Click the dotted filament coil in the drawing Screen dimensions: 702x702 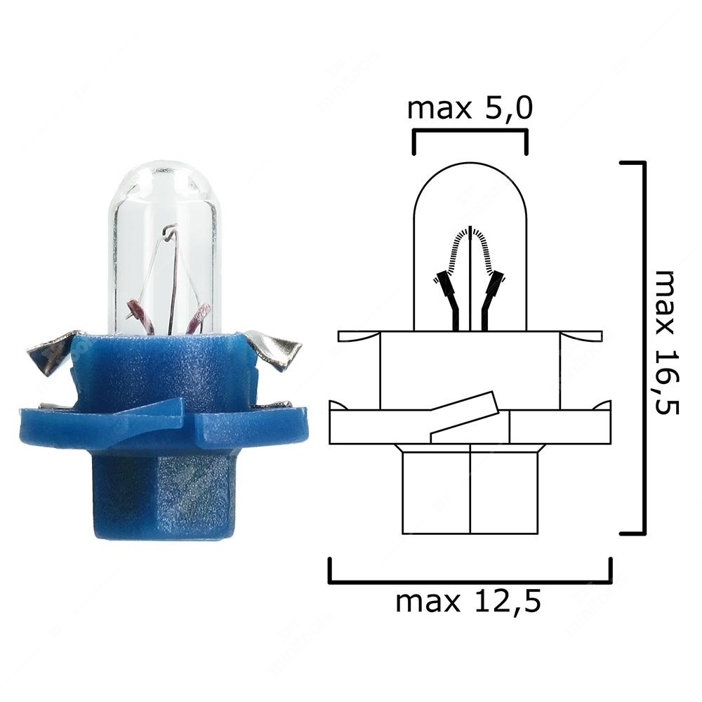click(470, 246)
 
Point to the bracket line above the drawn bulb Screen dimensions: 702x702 click(469, 132)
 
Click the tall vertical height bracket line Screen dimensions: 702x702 click(642, 347)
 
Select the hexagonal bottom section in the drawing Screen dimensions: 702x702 click(470, 491)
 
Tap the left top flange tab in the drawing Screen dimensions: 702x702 click(358, 336)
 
